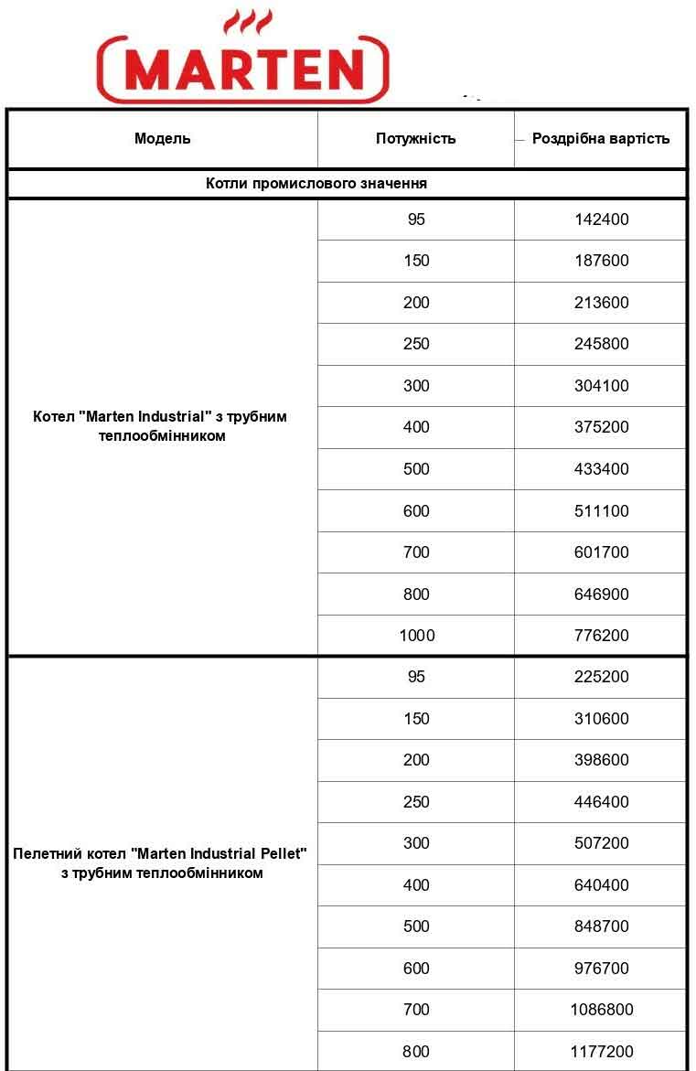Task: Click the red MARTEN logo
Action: (x=243, y=70)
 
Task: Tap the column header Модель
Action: (x=163, y=139)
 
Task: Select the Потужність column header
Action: (x=415, y=139)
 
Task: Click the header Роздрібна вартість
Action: (x=601, y=139)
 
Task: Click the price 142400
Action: (x=601, y=220)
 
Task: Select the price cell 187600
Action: (x=601, y=261)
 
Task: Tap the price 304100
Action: (x=601, y=386)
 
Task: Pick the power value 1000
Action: (x=416, y=636)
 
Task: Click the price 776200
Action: (x=601, y=636)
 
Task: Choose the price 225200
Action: (x=601, y=677)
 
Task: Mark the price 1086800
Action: (x=601, y=1010)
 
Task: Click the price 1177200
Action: (x=601, y=1052)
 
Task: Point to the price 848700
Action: (x=601, y=926)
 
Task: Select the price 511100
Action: (x=601, y=511)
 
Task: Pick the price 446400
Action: (x=601, y=802)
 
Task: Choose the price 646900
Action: (x=601, y=594)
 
